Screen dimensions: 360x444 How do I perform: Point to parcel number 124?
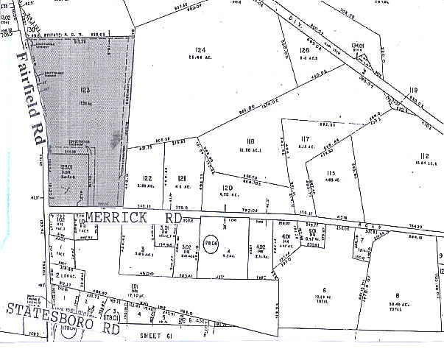click(200, 50)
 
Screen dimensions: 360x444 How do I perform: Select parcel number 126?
click(304, 50)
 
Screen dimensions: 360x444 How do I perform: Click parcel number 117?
click(306, 138)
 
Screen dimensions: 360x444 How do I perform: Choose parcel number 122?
click(147, 179)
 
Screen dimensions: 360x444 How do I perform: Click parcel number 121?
click(181, 179)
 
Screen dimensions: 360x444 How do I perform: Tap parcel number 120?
click(227, 188)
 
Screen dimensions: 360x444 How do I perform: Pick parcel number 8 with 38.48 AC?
click(398, 294)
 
